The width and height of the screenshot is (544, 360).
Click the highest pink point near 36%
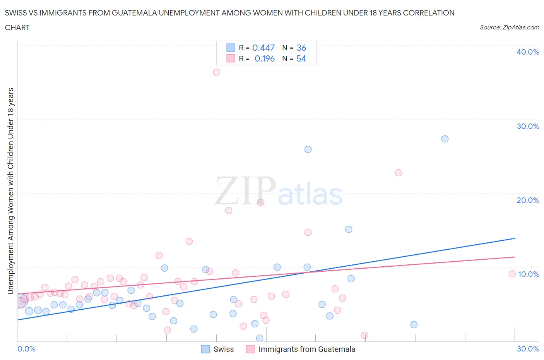(x=217, y=72)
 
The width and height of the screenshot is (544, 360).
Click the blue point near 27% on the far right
(x=445, y=139)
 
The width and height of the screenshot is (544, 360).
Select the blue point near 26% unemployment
(x=308, y=149)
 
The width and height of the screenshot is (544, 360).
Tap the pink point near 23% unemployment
(x=399, y=173)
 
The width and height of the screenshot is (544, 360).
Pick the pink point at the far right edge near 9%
(x=512, y=274)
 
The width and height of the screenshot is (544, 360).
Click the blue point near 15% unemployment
(x=349, y=229)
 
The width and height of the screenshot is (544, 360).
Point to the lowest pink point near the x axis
(x=364, y=335)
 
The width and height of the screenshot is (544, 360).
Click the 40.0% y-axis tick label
(x=528, y=52)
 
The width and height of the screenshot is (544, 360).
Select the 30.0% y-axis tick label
(x=528, y=126)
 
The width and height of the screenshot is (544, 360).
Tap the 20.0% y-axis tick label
(x=528, y=200)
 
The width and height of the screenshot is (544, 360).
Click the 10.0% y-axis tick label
(x=528, y=274)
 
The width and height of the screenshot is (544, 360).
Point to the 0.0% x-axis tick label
(x=26, y=349)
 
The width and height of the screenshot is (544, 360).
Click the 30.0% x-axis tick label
(x=528, y=349)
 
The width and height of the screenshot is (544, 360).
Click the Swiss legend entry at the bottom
(x=218, y=349)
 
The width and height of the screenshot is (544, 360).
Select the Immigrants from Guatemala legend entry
(x=301, y=349)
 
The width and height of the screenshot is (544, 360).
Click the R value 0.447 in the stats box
(x=263, y=48)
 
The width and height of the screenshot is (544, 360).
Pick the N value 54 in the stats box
(x=301, y=58)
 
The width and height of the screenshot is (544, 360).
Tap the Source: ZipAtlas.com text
(x=509, y=27)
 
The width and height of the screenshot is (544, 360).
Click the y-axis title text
(x=10, y=191)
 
